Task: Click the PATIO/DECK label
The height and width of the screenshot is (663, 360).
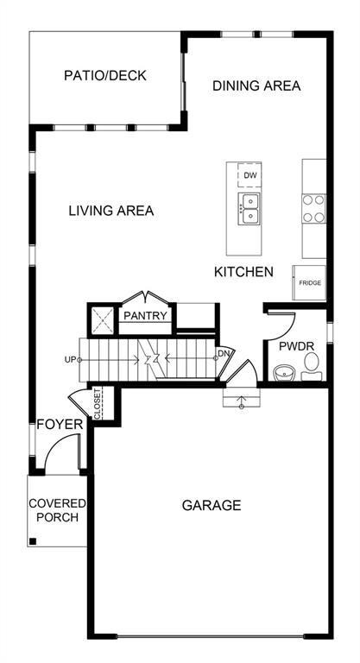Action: pos(105,76)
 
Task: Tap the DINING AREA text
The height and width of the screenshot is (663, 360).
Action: pos(256,85)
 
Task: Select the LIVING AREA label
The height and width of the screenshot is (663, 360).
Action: pos(111,211)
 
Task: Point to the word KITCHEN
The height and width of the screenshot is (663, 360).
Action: pos(243,272)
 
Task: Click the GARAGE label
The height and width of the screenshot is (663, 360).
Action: pos(212,505)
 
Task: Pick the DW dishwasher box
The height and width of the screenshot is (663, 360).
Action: pos(249,175)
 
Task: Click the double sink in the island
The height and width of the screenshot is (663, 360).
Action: pos(249,209)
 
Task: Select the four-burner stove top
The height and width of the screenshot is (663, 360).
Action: pos(313,209)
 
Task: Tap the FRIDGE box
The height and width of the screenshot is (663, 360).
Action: pos(309,283)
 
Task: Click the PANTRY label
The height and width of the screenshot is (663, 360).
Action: pos(145,315)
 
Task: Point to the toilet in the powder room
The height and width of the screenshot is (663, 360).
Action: pos(312,366)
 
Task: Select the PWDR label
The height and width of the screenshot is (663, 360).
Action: pos(296,346)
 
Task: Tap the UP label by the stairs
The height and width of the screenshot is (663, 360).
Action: pos(70,360)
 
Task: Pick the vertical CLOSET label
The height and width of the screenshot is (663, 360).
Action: pos(98,403)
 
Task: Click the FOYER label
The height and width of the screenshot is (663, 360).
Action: pos(60,425)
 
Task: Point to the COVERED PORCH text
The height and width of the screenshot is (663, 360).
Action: pos(57,510)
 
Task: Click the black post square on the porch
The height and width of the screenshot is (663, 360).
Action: pos(33,541)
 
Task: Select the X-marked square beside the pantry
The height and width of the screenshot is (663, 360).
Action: pos(103,320)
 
